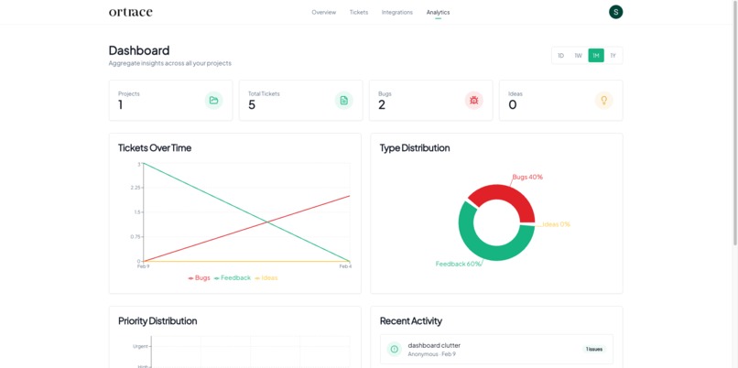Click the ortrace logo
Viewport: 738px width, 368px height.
click(131, 12)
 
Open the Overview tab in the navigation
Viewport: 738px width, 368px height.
click(323, 12)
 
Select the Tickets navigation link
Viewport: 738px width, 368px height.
click(359, 12)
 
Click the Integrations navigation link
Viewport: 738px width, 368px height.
click(397, 12)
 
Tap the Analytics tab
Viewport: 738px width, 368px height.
click(438, 12)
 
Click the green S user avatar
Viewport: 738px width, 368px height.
click(616, 12)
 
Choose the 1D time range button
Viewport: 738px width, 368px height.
click(561, 56)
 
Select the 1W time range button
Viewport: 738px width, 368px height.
click(579, 56)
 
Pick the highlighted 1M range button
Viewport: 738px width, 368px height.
click(596, 56)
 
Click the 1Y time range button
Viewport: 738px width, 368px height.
click(613, 56)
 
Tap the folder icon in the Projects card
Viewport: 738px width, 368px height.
click(213, 100)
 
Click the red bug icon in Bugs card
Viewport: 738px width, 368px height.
click(473, 100)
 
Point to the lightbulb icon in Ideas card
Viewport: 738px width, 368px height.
click(603, 100)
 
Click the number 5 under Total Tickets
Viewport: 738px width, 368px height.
click(252, 105)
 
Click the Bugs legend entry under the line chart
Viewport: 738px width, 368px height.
click(200, 277)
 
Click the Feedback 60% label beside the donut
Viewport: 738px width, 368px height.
click(459, 264)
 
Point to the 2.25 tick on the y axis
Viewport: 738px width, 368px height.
click(136, 188)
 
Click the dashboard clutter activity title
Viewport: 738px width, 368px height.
click(434, 345)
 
